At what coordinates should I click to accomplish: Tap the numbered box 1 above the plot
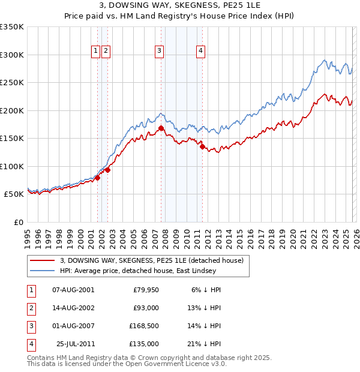tap(95, 52)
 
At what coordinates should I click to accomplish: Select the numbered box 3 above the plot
tap(159, 52)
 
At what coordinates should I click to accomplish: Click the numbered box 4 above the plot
tap(200, 52)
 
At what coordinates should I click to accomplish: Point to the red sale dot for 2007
tap(161, 128)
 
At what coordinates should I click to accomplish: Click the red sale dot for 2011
tap(203, 146)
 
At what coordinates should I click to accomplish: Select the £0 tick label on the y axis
tap(18, 222)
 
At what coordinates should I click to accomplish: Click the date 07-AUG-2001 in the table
tap(73, 290)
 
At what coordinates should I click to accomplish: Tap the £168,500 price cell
tap(144, 326)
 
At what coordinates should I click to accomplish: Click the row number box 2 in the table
tap(31, 308)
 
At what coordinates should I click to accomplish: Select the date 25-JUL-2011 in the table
tap(75, 344)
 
